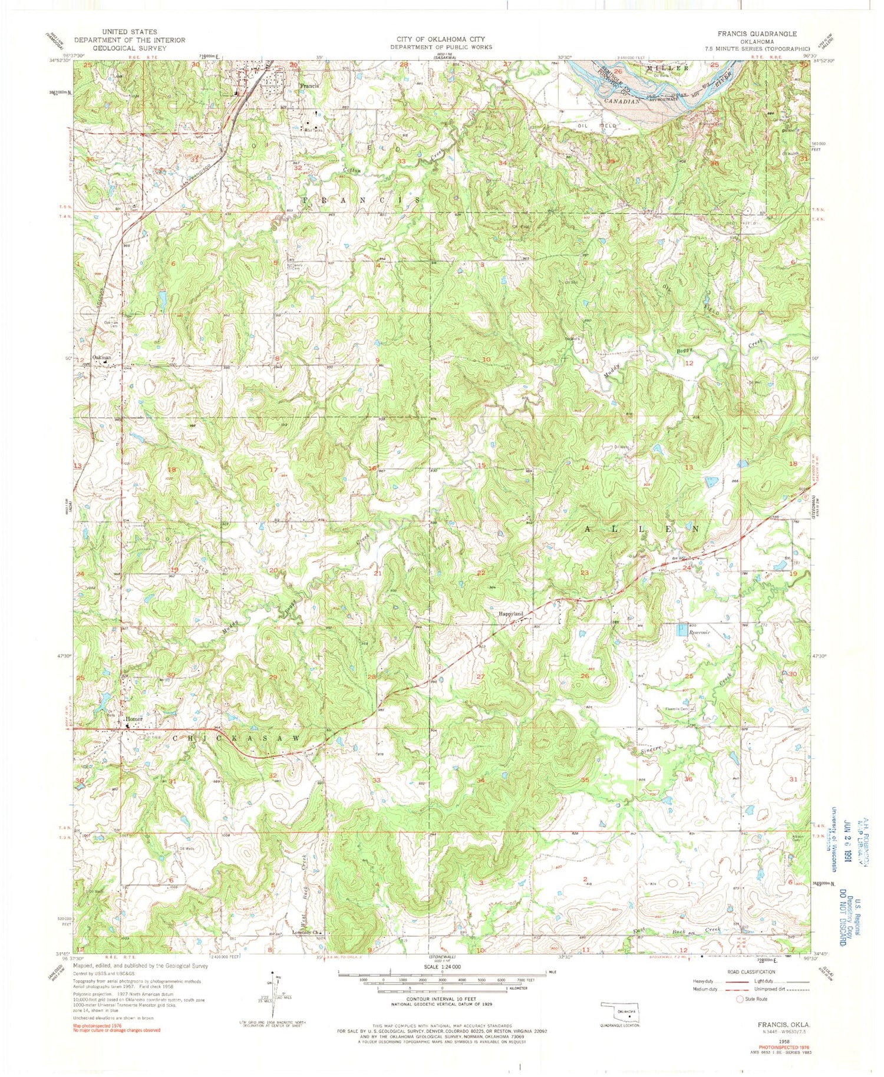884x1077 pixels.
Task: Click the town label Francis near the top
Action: click(309, 86)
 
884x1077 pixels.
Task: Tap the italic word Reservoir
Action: click(701, 633)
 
